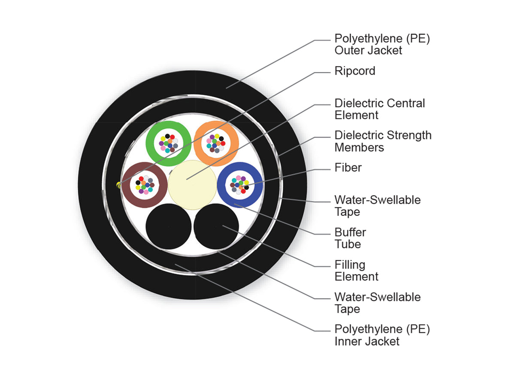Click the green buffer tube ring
[x=149, y=143]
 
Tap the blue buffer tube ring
[x=221, y=185]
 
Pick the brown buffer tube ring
[x=126, y=185]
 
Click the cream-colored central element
[x=192, y=185]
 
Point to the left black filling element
[x=168, y=226]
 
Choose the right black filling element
[x=216, y=226]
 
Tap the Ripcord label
[x=354, y=71]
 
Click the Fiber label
[x=348, y=168]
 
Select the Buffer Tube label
[x=350, y=238]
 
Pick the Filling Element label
[x=356, y=271]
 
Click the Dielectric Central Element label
[x=379, y=109]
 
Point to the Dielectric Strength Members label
[x=383, y=141]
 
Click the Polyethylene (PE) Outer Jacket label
[x=382, y=44]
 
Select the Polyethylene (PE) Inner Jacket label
[x=382, y=335]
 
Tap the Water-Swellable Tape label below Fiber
[x=377, y=206]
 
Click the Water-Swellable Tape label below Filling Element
[x=377, y=303]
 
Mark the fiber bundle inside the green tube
[x=168, y=143]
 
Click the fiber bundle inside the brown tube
[x=145, y=185]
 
